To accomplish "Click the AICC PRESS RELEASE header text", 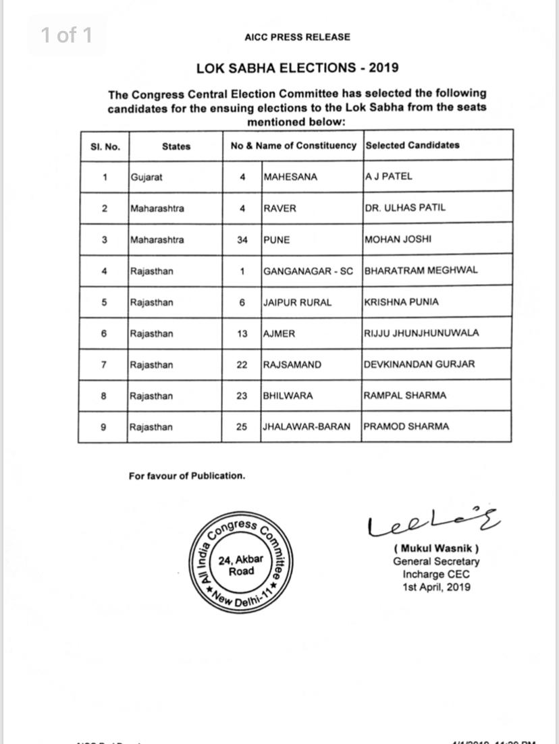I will pos(297,37).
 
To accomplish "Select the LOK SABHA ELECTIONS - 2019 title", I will pos(297,67).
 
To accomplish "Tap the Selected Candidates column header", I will pos(412,145).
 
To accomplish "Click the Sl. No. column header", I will pos(105,146).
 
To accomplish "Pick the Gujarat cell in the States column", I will pos(147,177).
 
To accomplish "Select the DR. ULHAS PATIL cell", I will pos(405,208).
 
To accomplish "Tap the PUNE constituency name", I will pos(277,239).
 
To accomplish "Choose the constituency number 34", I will pos(242,239).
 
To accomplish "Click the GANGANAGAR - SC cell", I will pos(308,271).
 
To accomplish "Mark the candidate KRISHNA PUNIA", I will pos(401,302).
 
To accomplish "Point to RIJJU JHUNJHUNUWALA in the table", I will pos(421,333).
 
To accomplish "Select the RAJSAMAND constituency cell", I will pos(292,365).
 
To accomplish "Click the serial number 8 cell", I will pos(104,396).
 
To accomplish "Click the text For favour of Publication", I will pos(187,476).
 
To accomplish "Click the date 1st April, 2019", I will pos(436,587).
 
